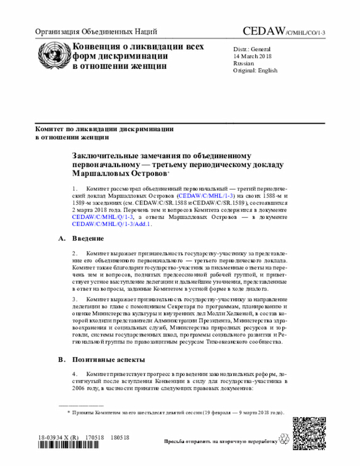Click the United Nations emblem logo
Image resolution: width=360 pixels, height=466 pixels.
click(51, 54)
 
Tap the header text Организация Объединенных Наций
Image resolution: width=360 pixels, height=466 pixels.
click(96, 32)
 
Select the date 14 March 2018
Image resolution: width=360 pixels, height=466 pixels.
click(254, 56)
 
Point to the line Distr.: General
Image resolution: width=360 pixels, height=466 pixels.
click(252, 49)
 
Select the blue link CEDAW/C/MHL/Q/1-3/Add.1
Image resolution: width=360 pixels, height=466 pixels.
click(112, 223)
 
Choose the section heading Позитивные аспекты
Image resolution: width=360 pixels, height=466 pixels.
click(109, 359)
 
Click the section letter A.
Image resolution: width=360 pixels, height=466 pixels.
click(61, 239)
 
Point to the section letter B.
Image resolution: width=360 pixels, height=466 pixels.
click(61, 359)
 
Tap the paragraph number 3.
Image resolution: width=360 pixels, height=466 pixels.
click(75, 299)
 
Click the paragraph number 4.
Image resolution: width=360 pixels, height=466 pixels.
click(75, 374)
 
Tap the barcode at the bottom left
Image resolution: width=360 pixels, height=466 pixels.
click(73, 446)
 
